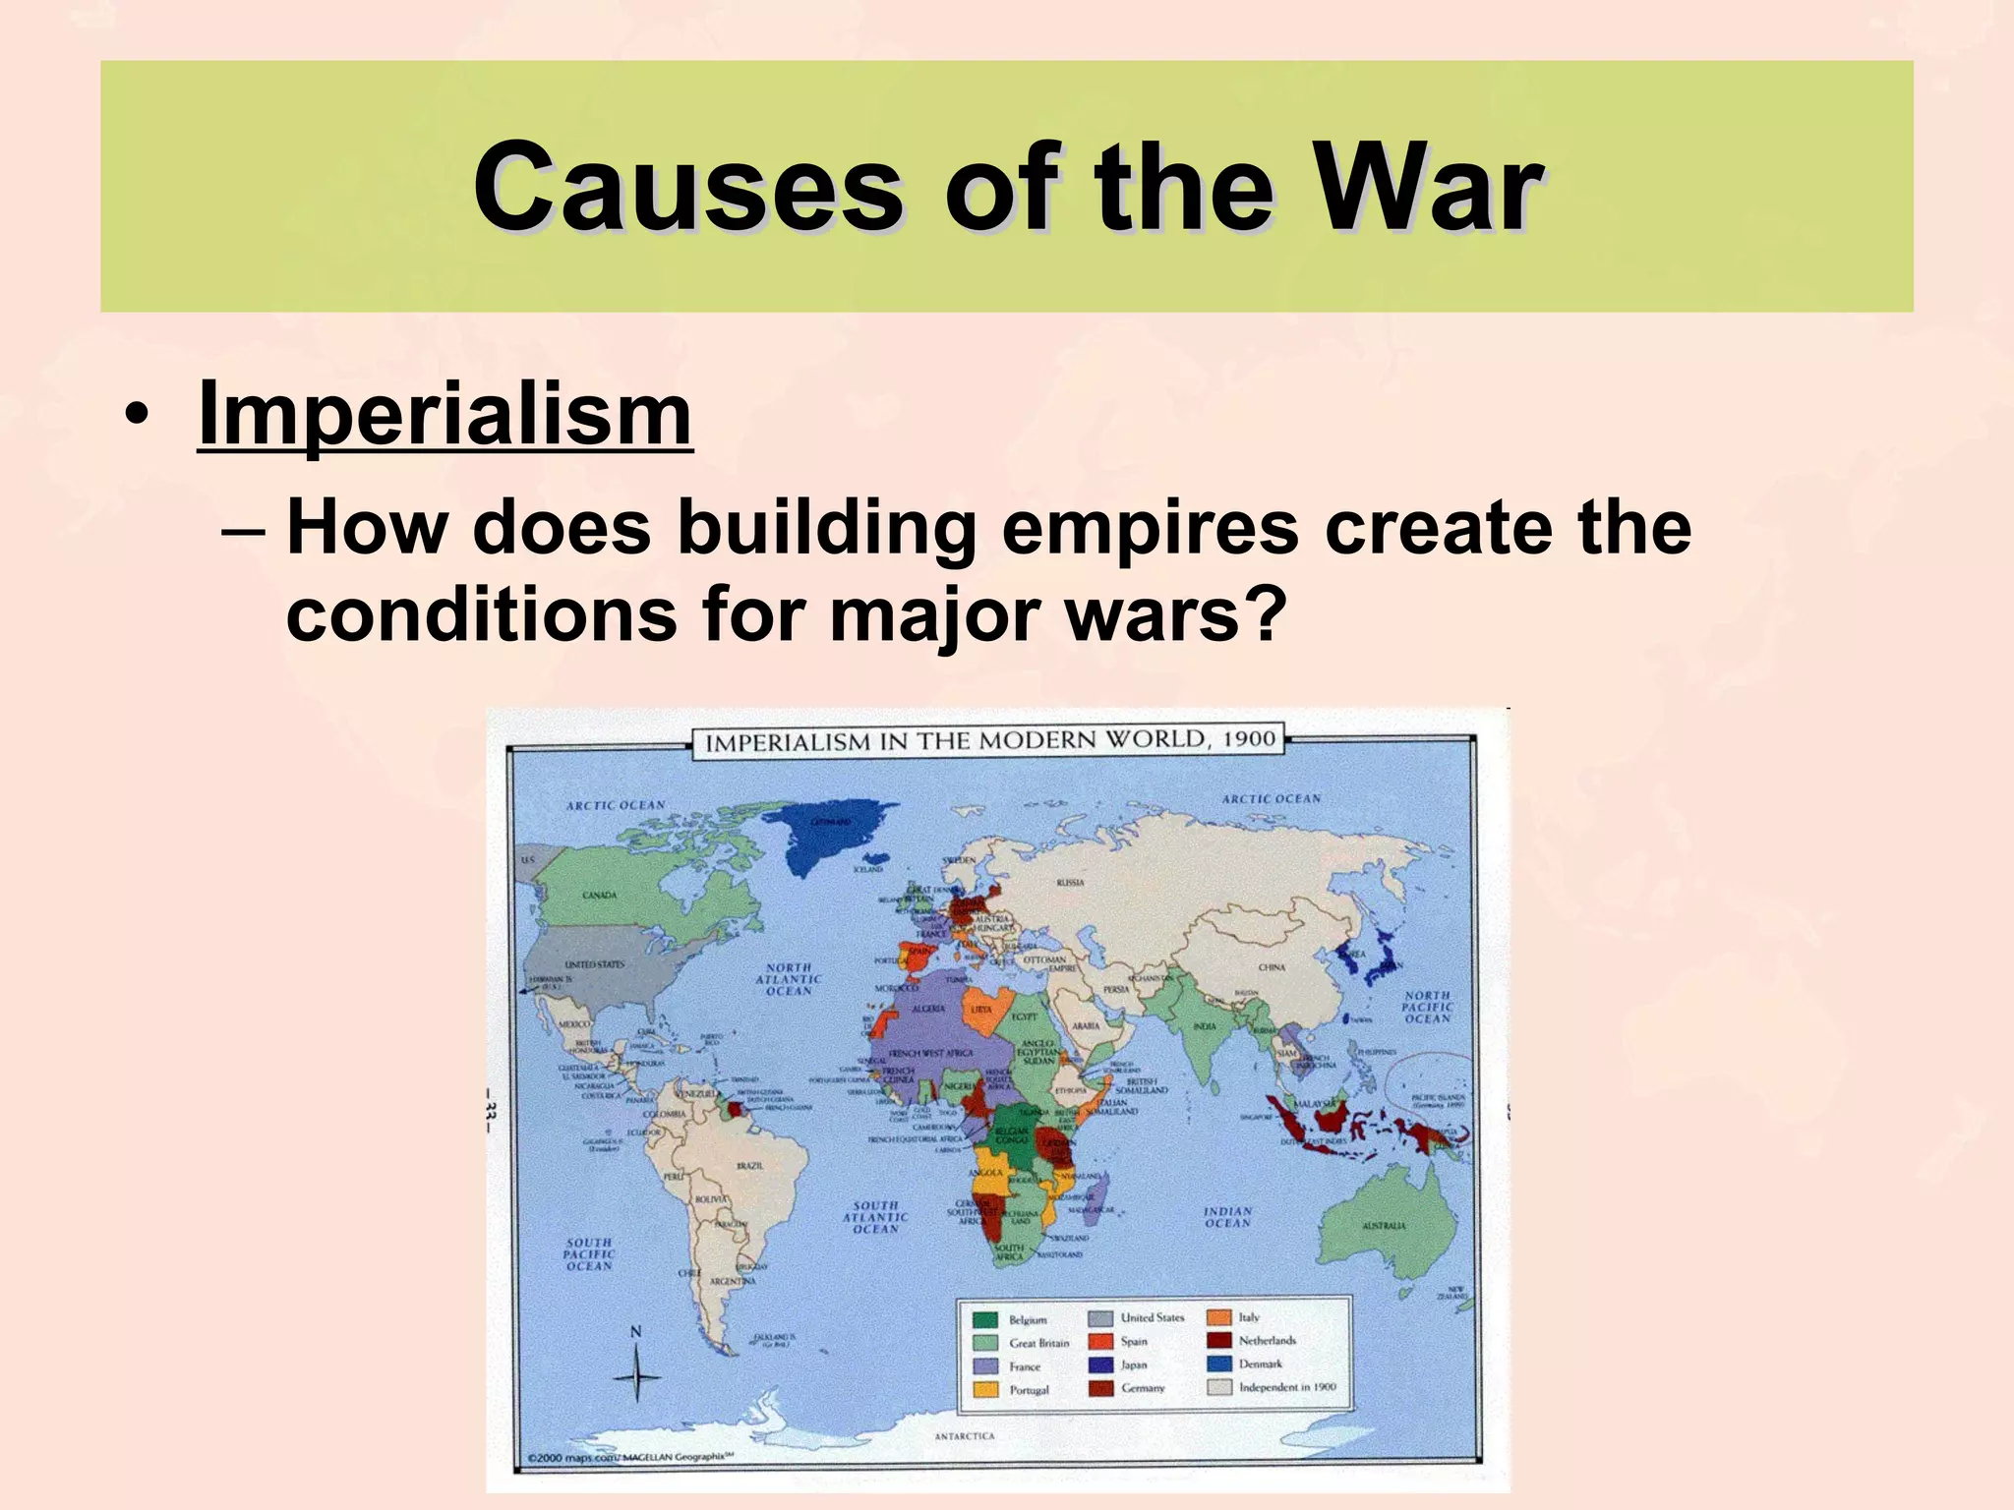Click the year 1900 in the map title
pyautogui.click(x=1249, y=739)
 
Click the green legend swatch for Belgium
pyautogui.click(x=986, y=1319)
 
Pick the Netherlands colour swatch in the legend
pyautogui.click(x=1219, y=1340)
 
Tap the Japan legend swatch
pyautogui.click(x=1100, y=1365)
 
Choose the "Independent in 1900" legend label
pyautogui.click(x=1287, y=1387)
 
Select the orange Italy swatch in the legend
pyautogui.click(x=1219, y=1317)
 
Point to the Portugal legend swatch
pyautogui.click(x=986, y=1389)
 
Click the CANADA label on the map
pyautogui.click(x=599, y=896)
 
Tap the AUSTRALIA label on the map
pyautogui.click(x=1384, y=1226)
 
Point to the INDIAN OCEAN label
pyautogui.click(x=1227, y=1217)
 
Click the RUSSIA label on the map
pyautogui.click(x=1070, y=883)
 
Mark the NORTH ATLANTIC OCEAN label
pyautogui.click(x=789, y=979)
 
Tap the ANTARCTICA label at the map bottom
pyautogui.click(x=964, y=1436)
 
